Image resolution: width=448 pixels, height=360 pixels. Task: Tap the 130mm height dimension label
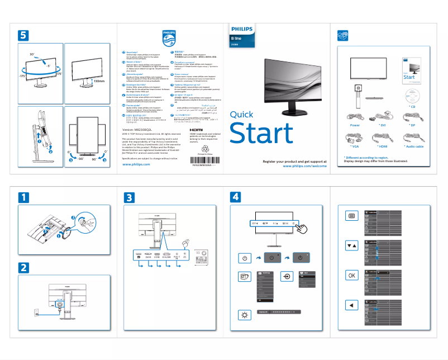[x=98, y=82]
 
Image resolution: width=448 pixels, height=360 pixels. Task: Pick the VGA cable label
[x=355, y=145]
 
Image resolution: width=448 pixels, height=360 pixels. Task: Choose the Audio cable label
[x=413, y=145]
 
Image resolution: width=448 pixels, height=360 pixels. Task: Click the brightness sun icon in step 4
[x=244, y=316]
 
